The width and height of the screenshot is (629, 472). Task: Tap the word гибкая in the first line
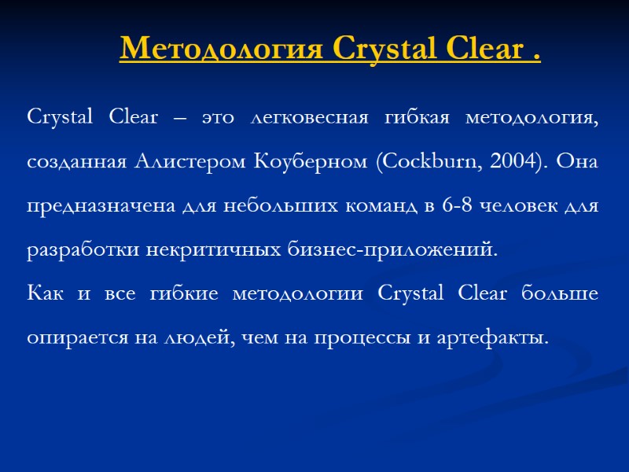[417, 119]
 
